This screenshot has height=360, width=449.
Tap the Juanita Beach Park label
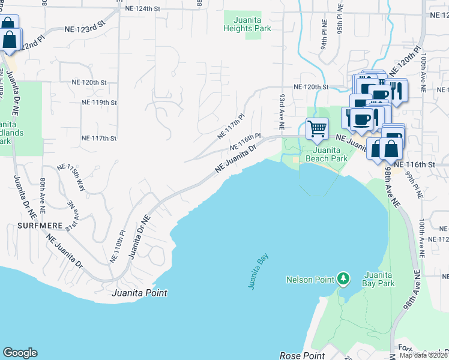327,155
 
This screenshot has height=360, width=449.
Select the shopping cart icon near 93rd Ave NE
316,127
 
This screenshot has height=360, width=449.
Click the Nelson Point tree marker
343,279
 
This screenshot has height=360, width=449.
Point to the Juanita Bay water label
259,272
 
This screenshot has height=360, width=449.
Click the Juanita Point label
139,293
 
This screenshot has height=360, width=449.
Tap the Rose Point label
303,356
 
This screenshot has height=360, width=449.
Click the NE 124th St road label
143,9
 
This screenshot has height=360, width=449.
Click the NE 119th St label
99,103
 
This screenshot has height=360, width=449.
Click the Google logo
20,353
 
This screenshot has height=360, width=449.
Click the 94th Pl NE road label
324,36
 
